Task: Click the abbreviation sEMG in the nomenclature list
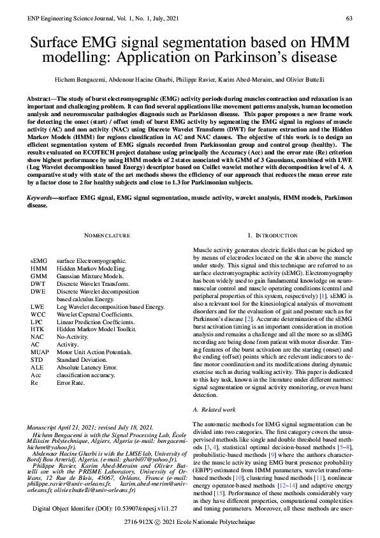pos(40,261)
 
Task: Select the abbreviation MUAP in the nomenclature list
pos(41,352)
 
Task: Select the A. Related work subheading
pos(214,408)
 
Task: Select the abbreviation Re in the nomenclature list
pos(34,384)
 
